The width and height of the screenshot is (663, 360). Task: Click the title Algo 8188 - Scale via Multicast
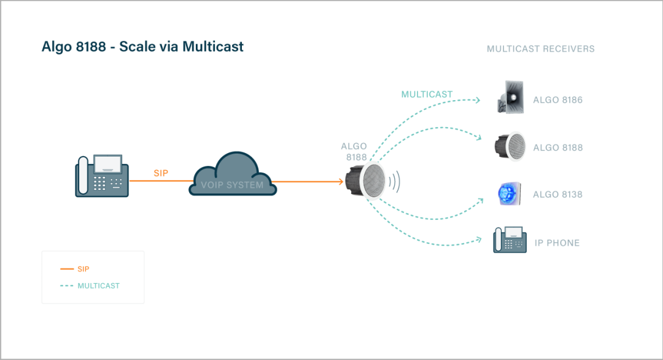coord(142,47)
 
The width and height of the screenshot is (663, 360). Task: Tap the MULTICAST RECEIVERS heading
coord(540,49)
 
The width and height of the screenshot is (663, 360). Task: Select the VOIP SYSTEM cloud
coord(233,175)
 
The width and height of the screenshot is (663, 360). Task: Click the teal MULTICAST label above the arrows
coord(427,95)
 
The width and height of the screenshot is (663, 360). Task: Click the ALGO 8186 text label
coord(557,100)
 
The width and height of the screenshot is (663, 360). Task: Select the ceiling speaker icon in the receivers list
coord(510,147)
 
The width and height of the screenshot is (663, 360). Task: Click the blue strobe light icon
coord(509,194)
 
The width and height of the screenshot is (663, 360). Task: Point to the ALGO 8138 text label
coord(557,195)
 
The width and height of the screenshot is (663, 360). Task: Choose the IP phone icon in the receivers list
coord(510,240)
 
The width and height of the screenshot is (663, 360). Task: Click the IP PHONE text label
coord(557,243)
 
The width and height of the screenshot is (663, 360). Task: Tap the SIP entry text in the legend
coord(83,269)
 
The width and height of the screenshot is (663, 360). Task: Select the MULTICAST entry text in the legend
coord(98,286)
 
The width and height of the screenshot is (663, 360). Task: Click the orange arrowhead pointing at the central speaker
coord(339,181)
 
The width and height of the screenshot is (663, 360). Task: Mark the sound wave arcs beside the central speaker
coord(396,181)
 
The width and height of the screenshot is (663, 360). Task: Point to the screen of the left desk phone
coord(108,163)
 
